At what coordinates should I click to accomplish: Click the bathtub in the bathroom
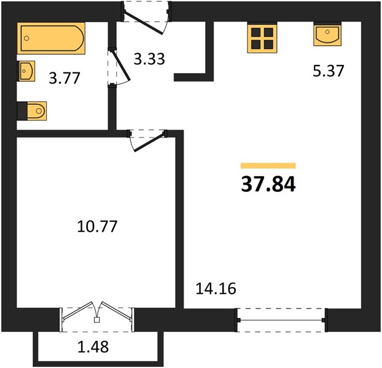pyautogui.click(x=51, y=38)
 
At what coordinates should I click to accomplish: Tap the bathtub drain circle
pyautogui.click(x=26, y=38)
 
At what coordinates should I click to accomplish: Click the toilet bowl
pyautogui.click(x=37, y=111)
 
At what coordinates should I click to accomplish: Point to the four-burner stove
pyautogui.click(x=262, y=37)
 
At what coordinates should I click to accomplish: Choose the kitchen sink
pyautogui.click(x=327, y=34)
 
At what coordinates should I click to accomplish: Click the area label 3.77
pyautogui.click(x=64, y=78)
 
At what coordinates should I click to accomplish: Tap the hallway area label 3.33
pyautogui.click(x=149, y=59)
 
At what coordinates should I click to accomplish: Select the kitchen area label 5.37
pyautogui.click(x=328, y=71)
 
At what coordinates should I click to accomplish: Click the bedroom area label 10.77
pyautogui.click(x=97, y=226)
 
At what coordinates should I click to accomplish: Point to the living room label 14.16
pyautogui.click(x=216, y=289)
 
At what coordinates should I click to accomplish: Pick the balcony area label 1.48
pyautogui.click(x=93, y=347)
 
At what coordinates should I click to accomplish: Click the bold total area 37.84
pyautogui.click(x=268, y=184)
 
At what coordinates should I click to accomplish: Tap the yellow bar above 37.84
pyautogui.click(x=268, y=166)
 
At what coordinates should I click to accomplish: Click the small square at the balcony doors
pyautogui.click(x=96, y=320)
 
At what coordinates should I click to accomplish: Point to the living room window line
pyautogui.click(x=281, y=320)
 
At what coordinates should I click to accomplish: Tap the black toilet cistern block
pyautogui.click(x=22, y=111)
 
